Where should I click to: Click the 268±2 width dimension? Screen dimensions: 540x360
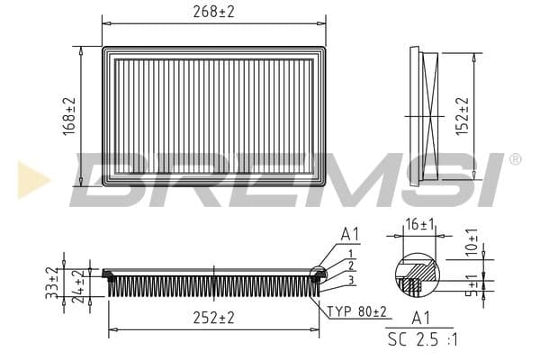click(x=213, y=12)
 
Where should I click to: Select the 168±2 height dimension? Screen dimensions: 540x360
click(x=69, y=116)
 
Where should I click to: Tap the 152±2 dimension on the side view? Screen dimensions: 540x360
click(x=463, y=116)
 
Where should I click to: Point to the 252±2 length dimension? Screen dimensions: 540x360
click(x=213, y=318)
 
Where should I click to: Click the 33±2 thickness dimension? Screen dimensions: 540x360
click(x=53, y=283)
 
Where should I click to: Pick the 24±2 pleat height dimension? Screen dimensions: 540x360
click(x=79, y=286)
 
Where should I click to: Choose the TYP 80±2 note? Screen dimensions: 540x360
click(x=356, y=311)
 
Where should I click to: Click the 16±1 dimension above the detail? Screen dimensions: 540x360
click(x=419, y=225)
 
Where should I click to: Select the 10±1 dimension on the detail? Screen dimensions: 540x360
click(x=472, y=242)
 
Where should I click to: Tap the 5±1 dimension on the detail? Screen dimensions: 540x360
click(x=474, y=285)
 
